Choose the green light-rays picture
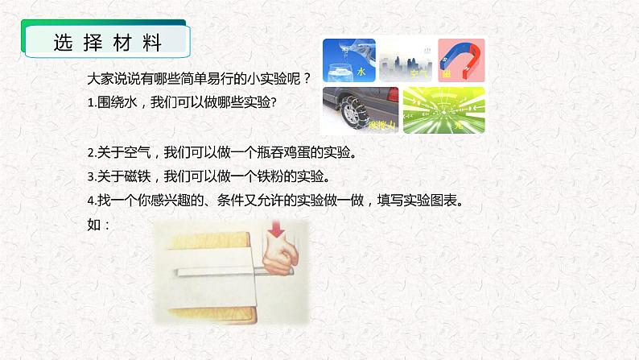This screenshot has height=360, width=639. (435, 110)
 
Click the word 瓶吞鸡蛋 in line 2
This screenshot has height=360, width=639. (288, 151)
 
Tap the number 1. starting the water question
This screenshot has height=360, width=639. (92, 102)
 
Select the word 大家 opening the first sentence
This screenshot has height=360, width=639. (100, 79)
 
